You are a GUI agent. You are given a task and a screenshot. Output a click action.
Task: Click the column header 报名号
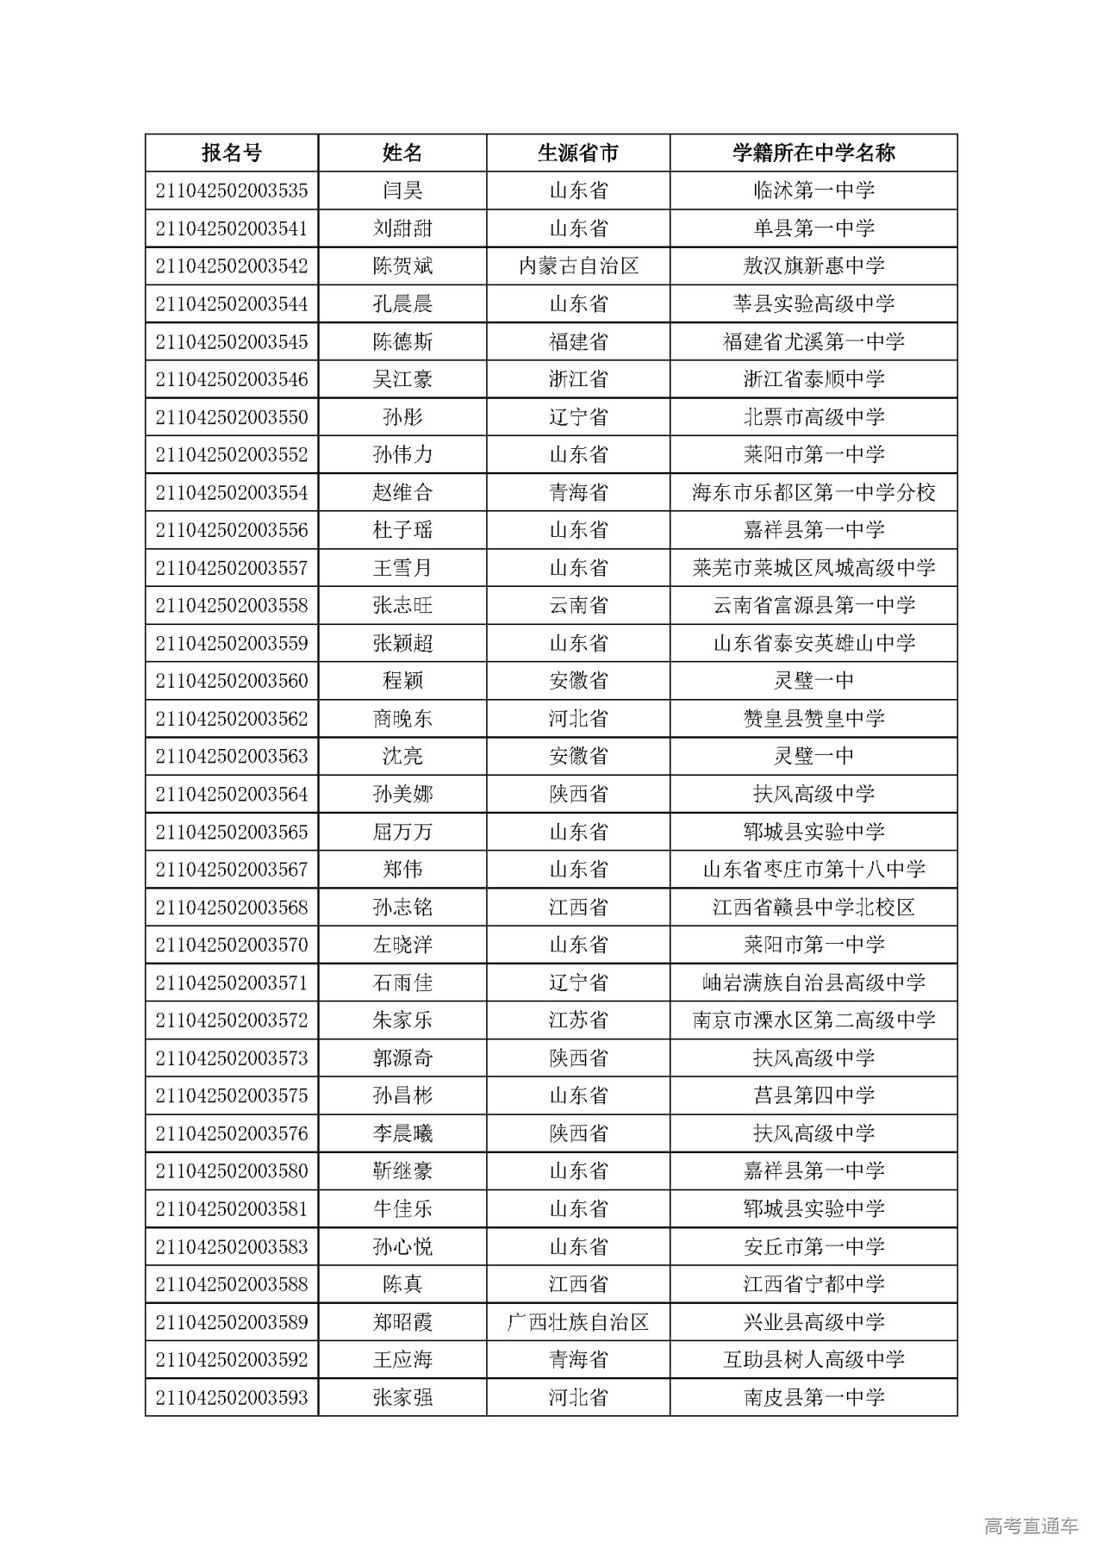click(x=231, y=153)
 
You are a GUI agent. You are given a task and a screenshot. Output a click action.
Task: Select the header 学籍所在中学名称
click(x=813, y=153)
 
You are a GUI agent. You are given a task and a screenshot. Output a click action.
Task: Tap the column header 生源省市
click(x=578, y=153)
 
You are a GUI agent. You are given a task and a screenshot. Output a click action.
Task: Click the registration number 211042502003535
click(x=231, y=190)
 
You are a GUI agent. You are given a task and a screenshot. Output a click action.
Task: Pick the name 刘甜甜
click(x=402, y=228)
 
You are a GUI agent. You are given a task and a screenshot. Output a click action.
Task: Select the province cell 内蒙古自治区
click(x=578, y=266)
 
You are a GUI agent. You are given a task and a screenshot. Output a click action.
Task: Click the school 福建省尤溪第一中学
click(x=813, y=342)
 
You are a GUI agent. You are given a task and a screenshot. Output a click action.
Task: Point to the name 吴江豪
click(x=402, y=379)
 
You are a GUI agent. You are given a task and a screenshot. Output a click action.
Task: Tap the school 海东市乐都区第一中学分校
click(x=813, y=493)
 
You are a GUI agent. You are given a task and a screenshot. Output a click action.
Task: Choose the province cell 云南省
click(x=578, y=606)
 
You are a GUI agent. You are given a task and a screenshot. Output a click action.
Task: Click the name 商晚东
click(x=402, y=719)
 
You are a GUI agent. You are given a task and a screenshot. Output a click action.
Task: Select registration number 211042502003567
click(x=231, y=870)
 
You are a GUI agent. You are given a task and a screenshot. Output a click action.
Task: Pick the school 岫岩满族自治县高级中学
click(x=813, y=983)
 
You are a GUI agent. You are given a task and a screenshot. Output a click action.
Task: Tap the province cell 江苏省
click(x=578, y=1020)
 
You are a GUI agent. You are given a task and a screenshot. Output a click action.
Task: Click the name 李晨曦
click(x=402, y=1133)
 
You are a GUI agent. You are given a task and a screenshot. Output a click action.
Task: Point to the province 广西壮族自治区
click(x=578, y=1322)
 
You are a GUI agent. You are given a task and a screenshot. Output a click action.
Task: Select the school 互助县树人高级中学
click(x=813, y=1360)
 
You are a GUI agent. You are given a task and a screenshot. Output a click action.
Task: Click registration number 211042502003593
click(x=231, y=1397)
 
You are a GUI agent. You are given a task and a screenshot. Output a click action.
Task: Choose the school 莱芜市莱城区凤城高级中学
click(x=813, y=568)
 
